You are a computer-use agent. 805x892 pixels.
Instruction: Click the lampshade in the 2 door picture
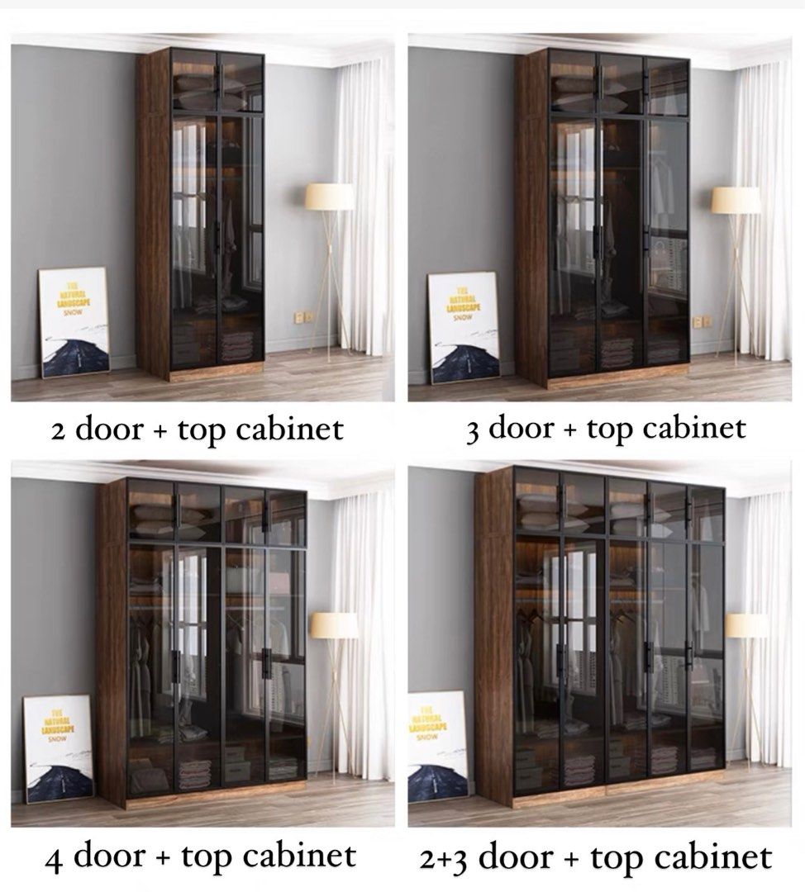(329, 197)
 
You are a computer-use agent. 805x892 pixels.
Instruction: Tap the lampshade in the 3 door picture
(736, 200)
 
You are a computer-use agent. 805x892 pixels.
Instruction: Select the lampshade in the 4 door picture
(334, 625)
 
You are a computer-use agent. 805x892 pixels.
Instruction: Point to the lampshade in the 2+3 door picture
(746, 626)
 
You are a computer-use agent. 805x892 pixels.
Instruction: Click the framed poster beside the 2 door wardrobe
(74, 322)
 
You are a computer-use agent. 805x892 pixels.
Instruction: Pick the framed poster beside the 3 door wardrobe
(464, 327)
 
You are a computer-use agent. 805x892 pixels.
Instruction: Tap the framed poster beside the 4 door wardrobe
(58, 748)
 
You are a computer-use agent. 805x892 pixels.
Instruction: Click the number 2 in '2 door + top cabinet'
(58, 432)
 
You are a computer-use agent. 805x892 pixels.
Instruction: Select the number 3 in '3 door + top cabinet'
(473, 430)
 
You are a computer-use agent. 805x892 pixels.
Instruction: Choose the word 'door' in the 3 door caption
(519, 428)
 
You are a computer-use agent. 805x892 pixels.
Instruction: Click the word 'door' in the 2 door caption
(106, 431)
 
